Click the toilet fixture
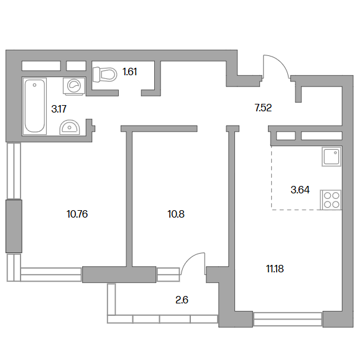click(104, 74)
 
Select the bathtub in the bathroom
click(34, 106)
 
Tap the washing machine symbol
click(74, 86)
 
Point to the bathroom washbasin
click(70, 127)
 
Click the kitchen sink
click(331, 156)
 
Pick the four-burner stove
click(331, 200)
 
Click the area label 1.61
click(130, 72)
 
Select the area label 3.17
click(59, 109)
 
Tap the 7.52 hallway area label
click(263, 108)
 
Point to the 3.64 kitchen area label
click(300, 190)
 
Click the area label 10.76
click(77, 214)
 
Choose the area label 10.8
click(176, 214)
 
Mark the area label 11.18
click(275, 269)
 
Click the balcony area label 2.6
click(182, 300)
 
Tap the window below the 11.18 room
click(288, 319)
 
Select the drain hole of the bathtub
click(34, 85)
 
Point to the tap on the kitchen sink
click(335, 153)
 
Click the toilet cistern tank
click(96, 74)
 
